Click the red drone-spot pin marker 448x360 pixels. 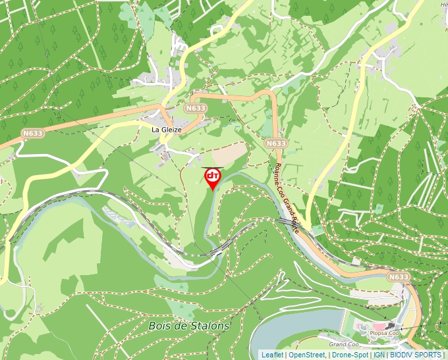[x=213, y=178]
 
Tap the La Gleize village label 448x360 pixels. [x=167, y=130]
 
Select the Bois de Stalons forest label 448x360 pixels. [x=189, y=326]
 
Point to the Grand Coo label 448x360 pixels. [x=343, y=344]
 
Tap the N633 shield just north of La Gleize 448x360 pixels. [x=196, y=108]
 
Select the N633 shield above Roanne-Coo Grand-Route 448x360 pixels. [x=276, y=143]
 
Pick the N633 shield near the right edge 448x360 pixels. [x=399, y=277]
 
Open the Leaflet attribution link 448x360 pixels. [x=272, y=355]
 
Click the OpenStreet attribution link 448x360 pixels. [x=307, y=355]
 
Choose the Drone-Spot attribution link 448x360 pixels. [x=350, y=355]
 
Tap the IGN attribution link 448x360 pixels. [x=379, y=355]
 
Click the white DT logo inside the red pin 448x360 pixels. [x=213, y=175]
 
